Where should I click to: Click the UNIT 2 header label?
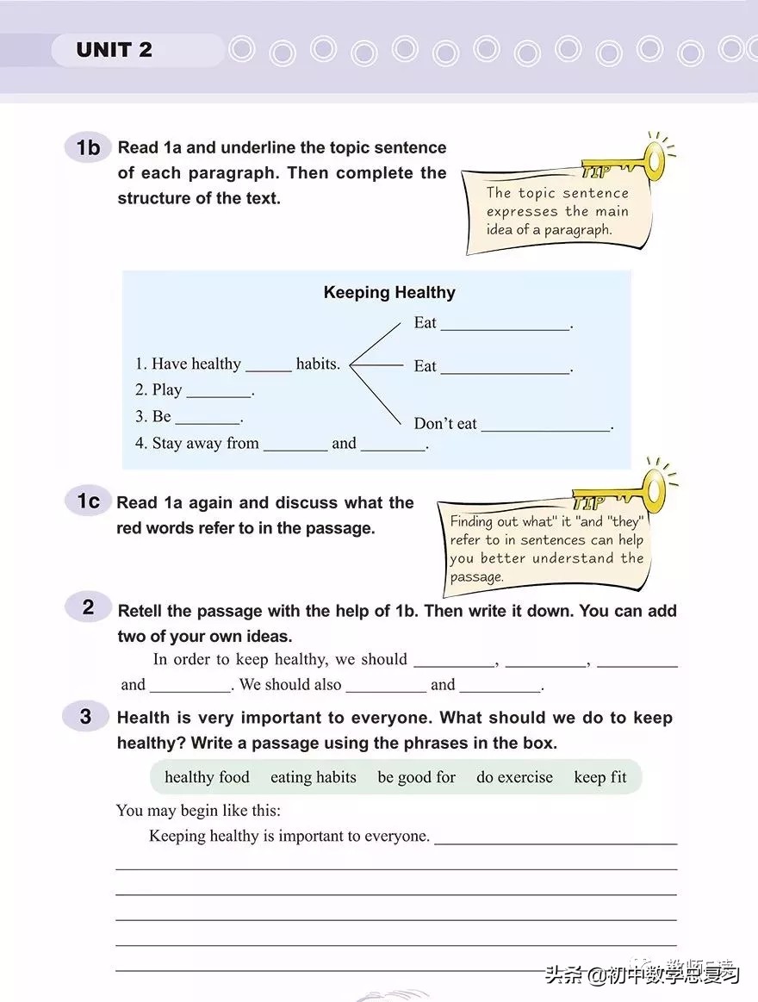click(x=114, y=50)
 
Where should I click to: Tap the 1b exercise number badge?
click(x=88, y=148)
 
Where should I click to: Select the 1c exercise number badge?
click(x=88, y=501)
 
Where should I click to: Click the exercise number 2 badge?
click(x=88, y=607)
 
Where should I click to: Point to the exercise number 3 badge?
click(x=86, y=716)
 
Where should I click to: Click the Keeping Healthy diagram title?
click(x=389, y=293)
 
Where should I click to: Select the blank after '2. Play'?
click(x=219, y=390)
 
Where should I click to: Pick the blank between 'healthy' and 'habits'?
click(x=269, y=364)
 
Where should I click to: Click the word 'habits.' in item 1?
click(x=318, y=364)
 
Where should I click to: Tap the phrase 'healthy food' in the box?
click(x=207, y=777)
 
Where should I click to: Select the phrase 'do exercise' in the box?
click(x=514, y=777)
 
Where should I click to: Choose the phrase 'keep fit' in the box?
click(x=600, y=777)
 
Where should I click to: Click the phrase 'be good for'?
click(x=416, y=777)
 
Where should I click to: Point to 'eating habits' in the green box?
click(x=314, y=777)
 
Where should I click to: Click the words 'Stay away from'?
click(x=205, y=444)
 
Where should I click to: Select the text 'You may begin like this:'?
click(x=198, y=811)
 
